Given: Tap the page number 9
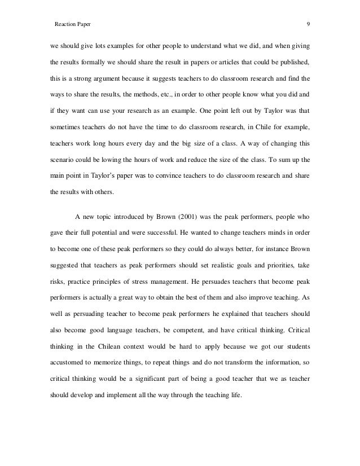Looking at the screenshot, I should point(307,25).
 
